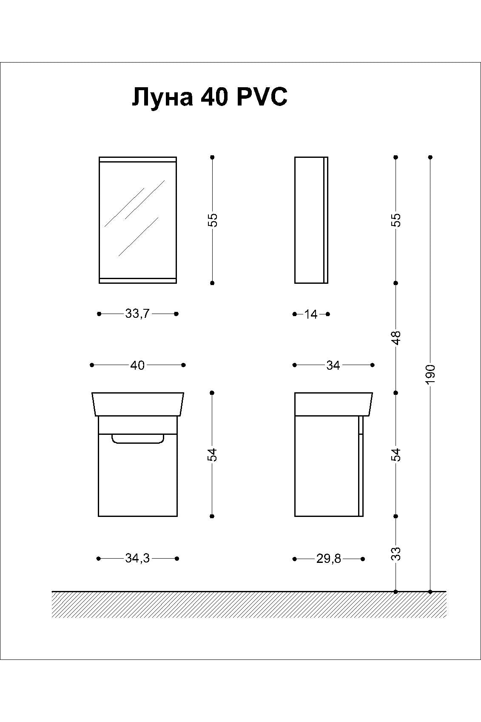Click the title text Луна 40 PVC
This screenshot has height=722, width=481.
pos(209,97)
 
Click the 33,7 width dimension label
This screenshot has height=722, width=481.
pos(137,314)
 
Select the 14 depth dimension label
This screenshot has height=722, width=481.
pos(311,314)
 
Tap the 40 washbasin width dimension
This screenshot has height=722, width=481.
pos(137,365)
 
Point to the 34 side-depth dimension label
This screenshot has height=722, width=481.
pos(333,365)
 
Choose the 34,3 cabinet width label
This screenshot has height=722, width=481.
pos(137,559)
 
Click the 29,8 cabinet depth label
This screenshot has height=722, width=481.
pos(328,559)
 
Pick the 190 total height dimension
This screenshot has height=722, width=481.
pos(430,374)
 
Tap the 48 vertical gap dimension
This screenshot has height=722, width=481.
pos(396,338)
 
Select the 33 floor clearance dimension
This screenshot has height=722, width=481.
pos(396,554)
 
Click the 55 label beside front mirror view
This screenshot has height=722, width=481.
pos(213,220)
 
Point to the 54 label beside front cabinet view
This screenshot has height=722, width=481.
pos(213,455)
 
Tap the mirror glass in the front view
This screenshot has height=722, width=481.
pos(137,220)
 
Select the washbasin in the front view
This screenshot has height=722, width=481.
pos(137,404)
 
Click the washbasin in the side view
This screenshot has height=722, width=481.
pos(334,404)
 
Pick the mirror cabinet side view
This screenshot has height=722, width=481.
pos(311,220)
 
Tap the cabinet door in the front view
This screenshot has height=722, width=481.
pos(137,475)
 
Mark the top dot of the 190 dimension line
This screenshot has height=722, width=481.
pos(430,157)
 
